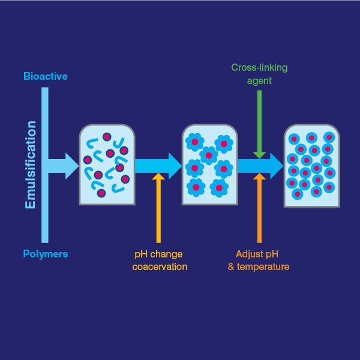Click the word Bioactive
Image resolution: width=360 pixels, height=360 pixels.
click(x=46, y=76)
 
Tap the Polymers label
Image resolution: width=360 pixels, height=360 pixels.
click(x=46, y=254)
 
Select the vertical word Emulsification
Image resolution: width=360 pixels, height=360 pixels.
click(x=31, y=165)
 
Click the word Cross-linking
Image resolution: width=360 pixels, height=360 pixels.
click(x=259, y=67)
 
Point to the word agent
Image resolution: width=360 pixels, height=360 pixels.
click(x=259, y=81)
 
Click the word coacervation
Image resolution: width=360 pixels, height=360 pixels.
click(x=160, y=267)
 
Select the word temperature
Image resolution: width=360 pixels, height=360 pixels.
click(x=263, y=267)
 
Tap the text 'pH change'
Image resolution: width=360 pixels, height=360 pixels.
click(x=158, y=254)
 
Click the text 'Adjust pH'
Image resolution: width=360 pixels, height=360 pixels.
click(x=257, y=254)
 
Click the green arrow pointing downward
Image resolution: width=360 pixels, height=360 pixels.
click(x=259, y=124)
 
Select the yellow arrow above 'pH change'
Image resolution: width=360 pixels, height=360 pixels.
click(x=158, y=208)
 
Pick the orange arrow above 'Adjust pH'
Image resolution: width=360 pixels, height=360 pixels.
click(x=259, y=208)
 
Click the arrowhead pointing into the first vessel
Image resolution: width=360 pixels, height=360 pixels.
click(x=71, y=166)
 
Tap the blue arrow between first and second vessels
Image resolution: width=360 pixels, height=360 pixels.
click(x=158, y=166)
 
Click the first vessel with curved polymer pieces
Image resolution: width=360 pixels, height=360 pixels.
click(x=107, y=164)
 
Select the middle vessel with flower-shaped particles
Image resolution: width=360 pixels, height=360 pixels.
click(x=210, y=164)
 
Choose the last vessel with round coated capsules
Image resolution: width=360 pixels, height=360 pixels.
click(x=312, y=166)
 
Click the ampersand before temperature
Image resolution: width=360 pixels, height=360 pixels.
click(x=231, y=267)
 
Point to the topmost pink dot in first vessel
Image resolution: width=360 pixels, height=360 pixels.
click(x=107, y=137)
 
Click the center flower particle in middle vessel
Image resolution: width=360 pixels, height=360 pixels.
click(x=209, y=155)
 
